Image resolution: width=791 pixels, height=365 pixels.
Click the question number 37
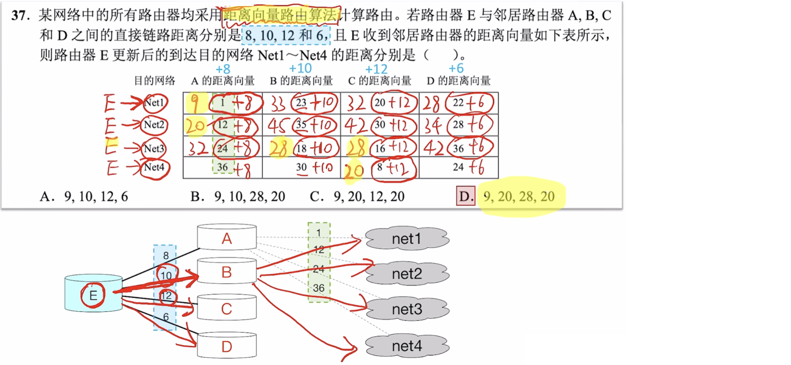coord(20,15)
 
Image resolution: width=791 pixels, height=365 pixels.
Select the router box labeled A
coord(227,238)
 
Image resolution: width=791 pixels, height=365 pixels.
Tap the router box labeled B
coord(227,272)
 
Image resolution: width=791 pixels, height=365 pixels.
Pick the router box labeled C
coord(227,309)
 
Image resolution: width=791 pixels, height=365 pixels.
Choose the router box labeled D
coord(227,346)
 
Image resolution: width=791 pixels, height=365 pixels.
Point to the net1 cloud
coord(407,239)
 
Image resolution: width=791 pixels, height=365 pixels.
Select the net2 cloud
coord(407,274)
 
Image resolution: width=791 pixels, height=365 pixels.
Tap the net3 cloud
coord(407,309)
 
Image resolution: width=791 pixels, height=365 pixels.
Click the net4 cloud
coord(407,346)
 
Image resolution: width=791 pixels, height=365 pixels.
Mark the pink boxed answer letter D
coord(466,196)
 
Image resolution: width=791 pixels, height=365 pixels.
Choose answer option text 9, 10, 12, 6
coord(96,196)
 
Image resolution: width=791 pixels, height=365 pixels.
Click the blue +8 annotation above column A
coord(223,69)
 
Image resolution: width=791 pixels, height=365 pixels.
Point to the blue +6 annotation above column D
coord(456,69)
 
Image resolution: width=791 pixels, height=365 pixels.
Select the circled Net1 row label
coord(154,103)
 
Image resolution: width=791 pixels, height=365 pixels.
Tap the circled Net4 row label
coord(154,167)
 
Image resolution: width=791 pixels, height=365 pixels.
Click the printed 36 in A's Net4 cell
coord(222,167)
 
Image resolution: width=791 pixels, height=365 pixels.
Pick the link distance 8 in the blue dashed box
coord(166,256)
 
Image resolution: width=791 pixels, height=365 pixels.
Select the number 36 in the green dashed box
coord(319,288)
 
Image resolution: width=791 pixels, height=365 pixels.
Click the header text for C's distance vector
coord(380,81)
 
